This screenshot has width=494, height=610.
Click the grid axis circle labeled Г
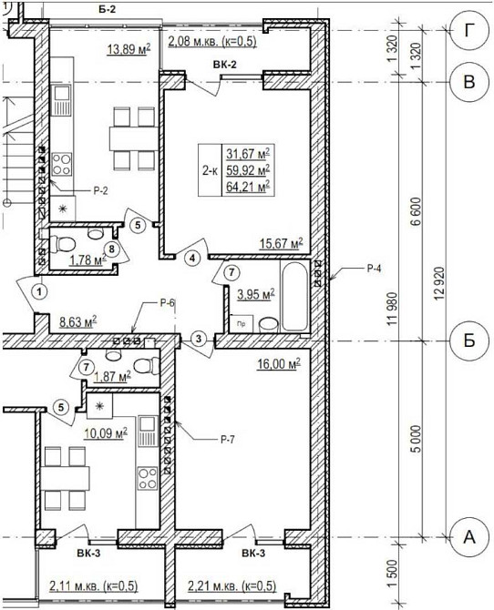click(469, 31)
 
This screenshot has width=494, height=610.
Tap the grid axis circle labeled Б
click(469, 341)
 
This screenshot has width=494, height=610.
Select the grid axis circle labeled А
click(469, 537)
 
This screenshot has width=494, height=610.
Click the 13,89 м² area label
click(129, 49)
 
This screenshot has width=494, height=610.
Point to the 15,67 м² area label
click(282, 244)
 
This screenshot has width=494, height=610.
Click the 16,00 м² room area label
click(279, 364)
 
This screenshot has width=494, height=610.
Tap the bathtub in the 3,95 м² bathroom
click(295, 297)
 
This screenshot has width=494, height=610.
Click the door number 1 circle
click(39, 291)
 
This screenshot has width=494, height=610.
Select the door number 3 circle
click(199, 339)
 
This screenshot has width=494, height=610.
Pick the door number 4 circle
click(193, 258)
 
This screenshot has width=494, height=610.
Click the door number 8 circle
click(112, 249)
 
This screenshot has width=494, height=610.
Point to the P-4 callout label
click(373, 268)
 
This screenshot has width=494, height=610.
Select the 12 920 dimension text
click(439, 284)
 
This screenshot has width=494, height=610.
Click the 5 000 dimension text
click(417, 439)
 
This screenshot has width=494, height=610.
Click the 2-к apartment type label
click(210, 170)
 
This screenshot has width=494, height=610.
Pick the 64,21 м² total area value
click(248, 188)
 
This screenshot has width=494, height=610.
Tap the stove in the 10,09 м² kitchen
click(148, 478)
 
